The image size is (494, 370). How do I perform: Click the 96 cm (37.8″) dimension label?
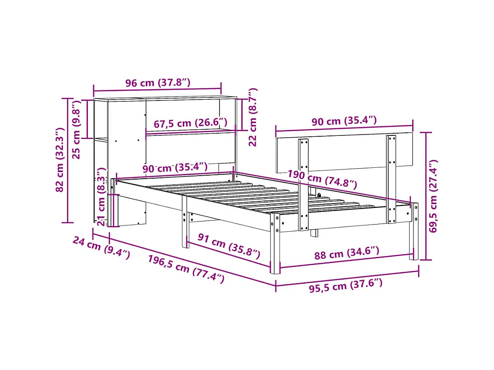tap(158, 83)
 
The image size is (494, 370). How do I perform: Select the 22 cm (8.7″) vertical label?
tap(252, 117)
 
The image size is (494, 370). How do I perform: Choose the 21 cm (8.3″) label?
tap(101, 197)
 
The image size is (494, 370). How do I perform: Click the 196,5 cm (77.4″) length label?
tap(186, 269)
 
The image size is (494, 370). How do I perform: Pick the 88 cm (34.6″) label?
tap(347, 253)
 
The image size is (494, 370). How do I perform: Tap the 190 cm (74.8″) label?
tap(322, 179)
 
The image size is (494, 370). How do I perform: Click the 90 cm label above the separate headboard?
tap(344, 121)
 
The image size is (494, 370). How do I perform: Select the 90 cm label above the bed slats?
tap(175, 168)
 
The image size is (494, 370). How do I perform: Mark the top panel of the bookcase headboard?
tap(165, 98)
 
